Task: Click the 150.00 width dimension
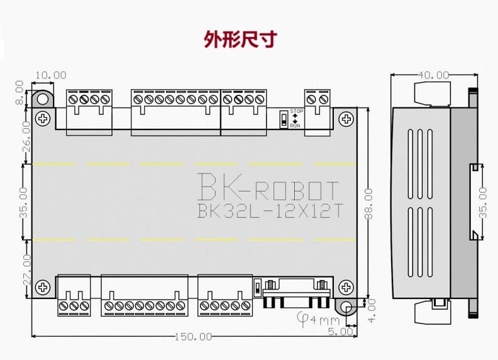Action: [193, 337]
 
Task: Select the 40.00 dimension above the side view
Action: [433, 75]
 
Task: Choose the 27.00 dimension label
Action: [25, 270]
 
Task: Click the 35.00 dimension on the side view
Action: [482, 202]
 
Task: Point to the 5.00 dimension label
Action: [340, 332]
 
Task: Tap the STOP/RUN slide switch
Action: [284, 119]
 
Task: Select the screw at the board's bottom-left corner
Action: [43, 287]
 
